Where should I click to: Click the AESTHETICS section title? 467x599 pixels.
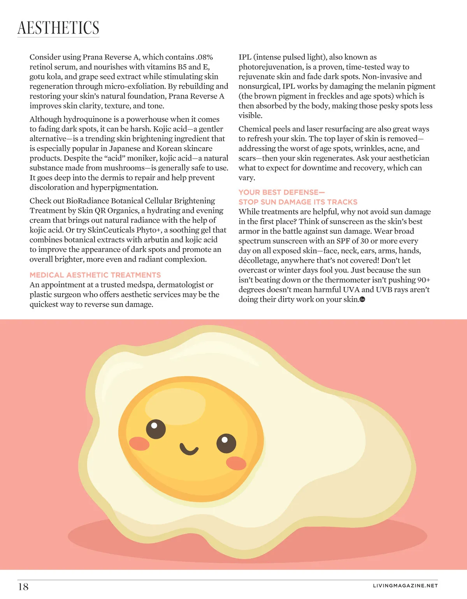[58, 28]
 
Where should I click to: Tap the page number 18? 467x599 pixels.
[23, 587]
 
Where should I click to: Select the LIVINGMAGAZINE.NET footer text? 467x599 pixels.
[405, 586]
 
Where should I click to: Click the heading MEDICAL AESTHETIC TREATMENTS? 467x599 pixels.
[95, 275]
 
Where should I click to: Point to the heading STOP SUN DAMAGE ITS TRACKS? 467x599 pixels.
[298, 202]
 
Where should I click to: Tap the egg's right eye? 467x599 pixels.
[226, 443]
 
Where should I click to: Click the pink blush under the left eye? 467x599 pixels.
[139, 444]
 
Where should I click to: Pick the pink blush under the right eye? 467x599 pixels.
[236, 463]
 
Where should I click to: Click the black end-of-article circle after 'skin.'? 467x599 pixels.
[362, 299]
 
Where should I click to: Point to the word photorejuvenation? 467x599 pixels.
[271, 67]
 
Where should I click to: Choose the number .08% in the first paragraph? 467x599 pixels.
[204, 57]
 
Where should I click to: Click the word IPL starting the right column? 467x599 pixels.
[245, 57]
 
